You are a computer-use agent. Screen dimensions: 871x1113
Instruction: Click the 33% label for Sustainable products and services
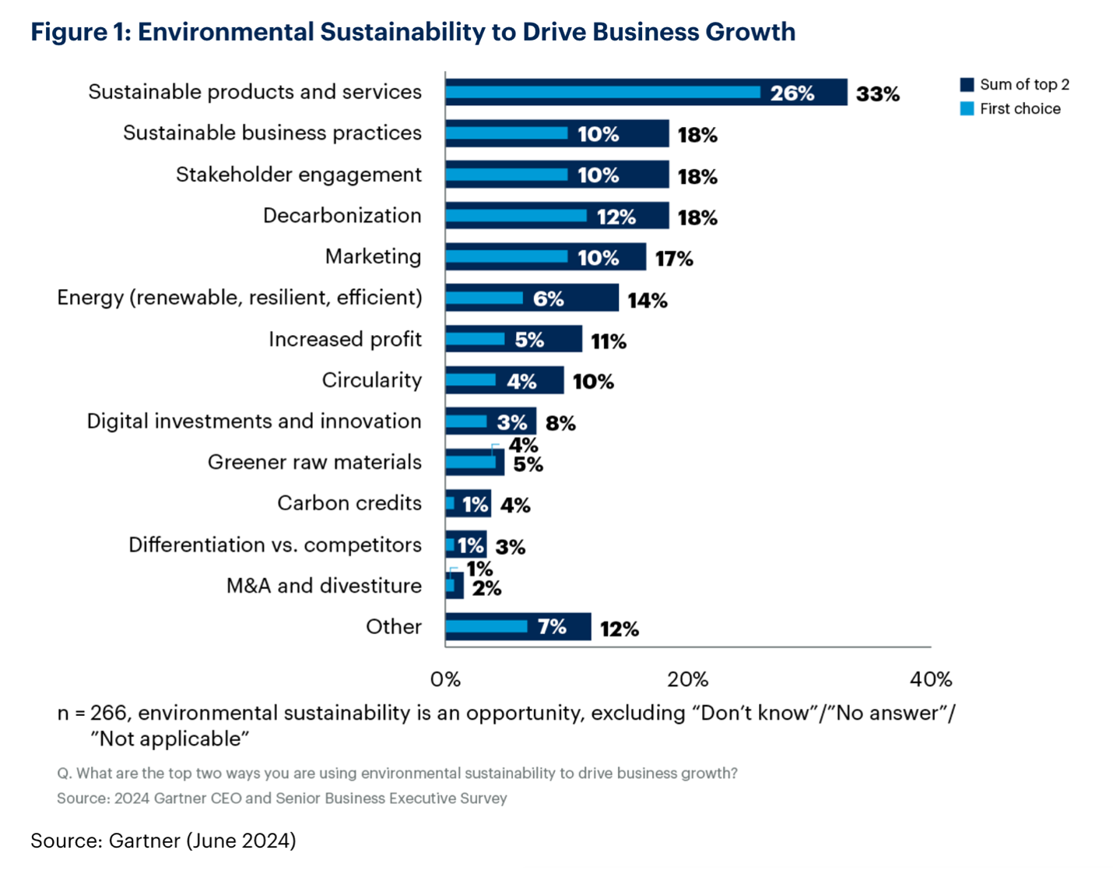pos(877,94)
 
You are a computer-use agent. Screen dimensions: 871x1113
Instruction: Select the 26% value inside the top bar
pos(792,93)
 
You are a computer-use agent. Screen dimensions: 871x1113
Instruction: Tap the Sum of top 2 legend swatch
pos(967,84)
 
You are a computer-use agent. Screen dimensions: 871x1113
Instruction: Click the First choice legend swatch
pos(967,109)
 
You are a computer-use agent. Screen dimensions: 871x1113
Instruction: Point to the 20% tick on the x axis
pos(687,679)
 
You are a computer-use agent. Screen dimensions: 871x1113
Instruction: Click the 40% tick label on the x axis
pos(930,679)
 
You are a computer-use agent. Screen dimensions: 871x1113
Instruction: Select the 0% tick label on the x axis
pos(445,679)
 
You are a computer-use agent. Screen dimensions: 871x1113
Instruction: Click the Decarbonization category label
pos(342,216)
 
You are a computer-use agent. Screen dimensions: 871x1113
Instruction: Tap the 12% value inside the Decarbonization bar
pos(616,217)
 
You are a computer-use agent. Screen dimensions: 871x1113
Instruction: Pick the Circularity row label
pos(371,380)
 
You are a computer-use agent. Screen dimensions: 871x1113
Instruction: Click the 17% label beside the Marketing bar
pos(673,259)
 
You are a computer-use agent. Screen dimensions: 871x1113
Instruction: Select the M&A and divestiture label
pos(324,586)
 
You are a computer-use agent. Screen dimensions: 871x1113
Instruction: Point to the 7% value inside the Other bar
pos(552,627)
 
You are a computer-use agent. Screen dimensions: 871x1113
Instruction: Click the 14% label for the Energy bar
pos(648,301)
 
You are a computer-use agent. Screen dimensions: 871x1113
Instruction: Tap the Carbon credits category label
pos(349,503)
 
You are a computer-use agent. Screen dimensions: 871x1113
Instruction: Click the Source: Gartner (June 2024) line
pos(163,841)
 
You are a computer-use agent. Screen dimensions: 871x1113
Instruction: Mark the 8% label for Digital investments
pos(560,424)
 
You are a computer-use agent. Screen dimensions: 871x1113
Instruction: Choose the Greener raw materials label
pos(314,463)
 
